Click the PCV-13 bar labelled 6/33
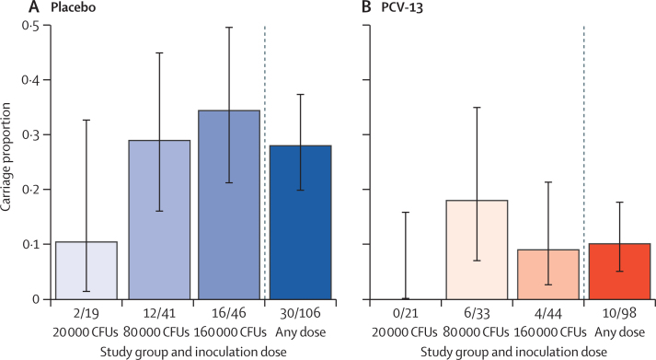pyautogui.click(x=476, y=250)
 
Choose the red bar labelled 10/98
pyautogui.click(x=615, y=272)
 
